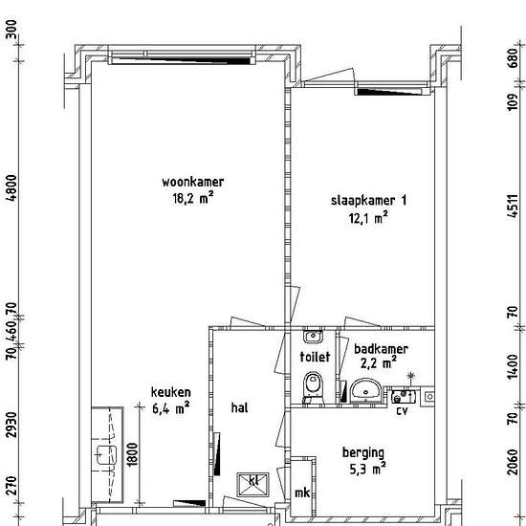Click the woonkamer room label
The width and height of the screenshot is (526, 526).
[x=186, y=182]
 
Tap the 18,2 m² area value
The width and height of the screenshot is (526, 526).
[x=187, y=199]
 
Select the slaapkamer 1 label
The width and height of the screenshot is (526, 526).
[x=369, y=200]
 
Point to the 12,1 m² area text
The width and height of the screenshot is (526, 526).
[x=367, y=217]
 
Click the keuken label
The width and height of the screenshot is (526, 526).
[x=170, y=392]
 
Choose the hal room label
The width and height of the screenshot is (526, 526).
[x=239, y=406]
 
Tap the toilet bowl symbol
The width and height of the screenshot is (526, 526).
[x=311, y=385]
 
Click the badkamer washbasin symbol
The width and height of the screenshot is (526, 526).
[x=365, y=391]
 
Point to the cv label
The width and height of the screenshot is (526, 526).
[x=402, y=411]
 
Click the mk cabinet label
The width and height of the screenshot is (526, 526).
[x=302, y=493]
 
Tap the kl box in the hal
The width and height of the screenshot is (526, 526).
[x=253, y=480]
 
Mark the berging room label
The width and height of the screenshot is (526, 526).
[x=363, y=452]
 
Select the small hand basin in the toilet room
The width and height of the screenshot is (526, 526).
[x=311, y=337]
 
